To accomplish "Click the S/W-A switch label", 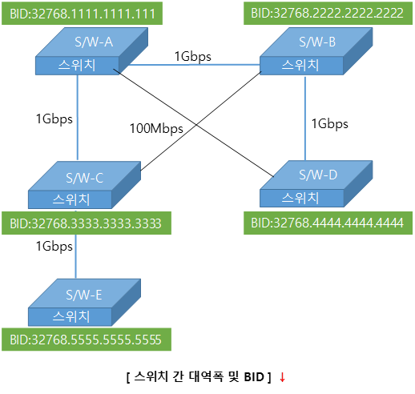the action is [x=94, y=42].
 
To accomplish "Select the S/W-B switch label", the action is [x=317, y=42].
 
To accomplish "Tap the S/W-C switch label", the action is [x=84, y=178].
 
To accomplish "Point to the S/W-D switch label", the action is [x=318, y=175].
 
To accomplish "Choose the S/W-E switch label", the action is [x=84, y=295].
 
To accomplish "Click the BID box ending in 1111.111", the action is [x=82, y=14].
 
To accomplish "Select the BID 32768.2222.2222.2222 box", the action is [x=328, y=14].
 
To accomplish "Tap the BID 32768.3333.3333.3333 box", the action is [x=87, y=223].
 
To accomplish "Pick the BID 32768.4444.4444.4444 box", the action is [x=328, y=223].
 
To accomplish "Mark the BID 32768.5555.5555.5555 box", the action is [x=87, y=340].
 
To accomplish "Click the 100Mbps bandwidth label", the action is [x=156, y=129].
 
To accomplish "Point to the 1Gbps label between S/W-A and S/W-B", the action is [x=192, y=57].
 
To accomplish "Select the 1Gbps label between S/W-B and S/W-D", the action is [x=330, y=124].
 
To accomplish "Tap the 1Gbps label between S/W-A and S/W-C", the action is [x=54, y=119].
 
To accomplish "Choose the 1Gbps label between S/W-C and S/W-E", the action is [x=54, y=247].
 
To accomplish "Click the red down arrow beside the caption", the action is [x=282, y=377].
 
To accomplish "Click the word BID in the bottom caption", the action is [x=254, y=377].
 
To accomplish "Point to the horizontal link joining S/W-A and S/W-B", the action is [x=195, y=65].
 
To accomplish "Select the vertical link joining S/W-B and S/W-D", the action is [x=305, y=119].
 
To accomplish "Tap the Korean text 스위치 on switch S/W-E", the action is [x=71, y=316].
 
